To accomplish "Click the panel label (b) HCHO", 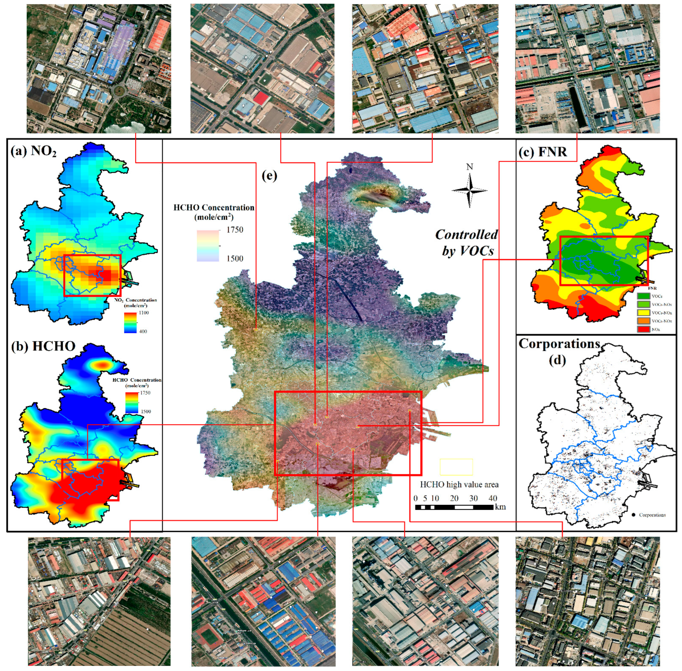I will [43, 346].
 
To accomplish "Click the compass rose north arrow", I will [469, 190].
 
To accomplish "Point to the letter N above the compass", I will [469, 167].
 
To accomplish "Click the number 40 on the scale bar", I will [492, 498].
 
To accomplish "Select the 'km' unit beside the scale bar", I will [500, 507].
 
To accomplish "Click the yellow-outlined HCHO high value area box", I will [456, 467].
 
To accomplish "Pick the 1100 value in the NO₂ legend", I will [144, 313].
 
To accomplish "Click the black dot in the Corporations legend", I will [633, 515].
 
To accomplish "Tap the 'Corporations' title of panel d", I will [559, 344].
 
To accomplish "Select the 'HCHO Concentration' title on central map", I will [214, 208].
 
